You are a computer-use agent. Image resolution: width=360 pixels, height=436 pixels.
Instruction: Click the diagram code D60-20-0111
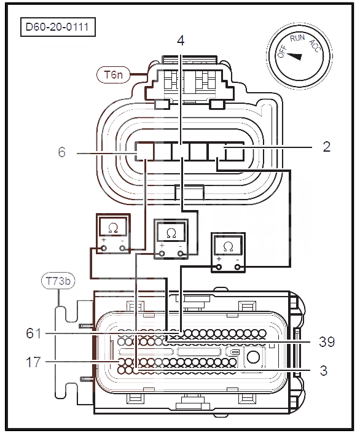pyautogui.click(x=57, y=27)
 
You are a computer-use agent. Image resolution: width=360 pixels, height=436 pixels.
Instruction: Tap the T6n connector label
pyautogui.click(x=113, y=74)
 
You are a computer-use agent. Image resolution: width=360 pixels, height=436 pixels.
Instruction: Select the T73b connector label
pyautogui.click(x=58, y=281)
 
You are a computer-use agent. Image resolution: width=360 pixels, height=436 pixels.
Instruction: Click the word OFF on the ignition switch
pyautogui.click(x=282, y=52)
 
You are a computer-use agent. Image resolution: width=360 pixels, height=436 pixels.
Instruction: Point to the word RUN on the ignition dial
pyautogui.click(x=297, y=38)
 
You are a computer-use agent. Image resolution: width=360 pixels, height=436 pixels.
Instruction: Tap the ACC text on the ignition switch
pyautogui.click(x=316, y=46)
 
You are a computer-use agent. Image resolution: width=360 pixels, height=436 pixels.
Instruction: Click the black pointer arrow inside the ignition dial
pyautogui.click(x=294, y=56)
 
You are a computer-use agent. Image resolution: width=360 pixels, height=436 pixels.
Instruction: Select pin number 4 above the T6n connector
pyautogui.click(x=181, y=41)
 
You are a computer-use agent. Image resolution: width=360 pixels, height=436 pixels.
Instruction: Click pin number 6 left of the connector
pyautogui.click(x=62, y=152)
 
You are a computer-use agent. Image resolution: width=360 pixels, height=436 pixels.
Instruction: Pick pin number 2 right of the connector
pyautogui.click(x=327, y=147)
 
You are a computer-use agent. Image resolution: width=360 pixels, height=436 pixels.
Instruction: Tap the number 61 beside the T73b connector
pyautogui.click(x=34, y=333)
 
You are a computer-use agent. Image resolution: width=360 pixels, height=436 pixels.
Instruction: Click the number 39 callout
pyautogui.click(x=327, y=342)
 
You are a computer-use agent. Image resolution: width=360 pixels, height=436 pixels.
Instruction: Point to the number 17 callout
pyautogui.click(x=33, y=362)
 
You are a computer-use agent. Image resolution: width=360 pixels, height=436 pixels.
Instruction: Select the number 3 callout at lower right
pyautogui.click(x=324, y=371)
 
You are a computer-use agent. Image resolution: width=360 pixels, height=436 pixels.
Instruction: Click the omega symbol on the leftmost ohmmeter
pyautogui.click(x=113, y=228)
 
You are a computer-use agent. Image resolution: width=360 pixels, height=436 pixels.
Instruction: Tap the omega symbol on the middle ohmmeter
pyautogui.click(x=171, y=233)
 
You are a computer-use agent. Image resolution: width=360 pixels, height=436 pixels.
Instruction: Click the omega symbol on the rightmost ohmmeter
pyautogui.click(x=228, y=246)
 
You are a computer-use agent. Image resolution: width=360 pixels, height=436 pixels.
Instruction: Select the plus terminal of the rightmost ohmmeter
pyautogui.click(x=219, y=267)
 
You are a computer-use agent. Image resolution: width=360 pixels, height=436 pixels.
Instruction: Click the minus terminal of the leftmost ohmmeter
pyautogui.click(x=122, y=248)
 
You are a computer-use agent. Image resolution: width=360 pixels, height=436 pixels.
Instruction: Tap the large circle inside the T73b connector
pyautogui.click(x=253, y=357)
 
